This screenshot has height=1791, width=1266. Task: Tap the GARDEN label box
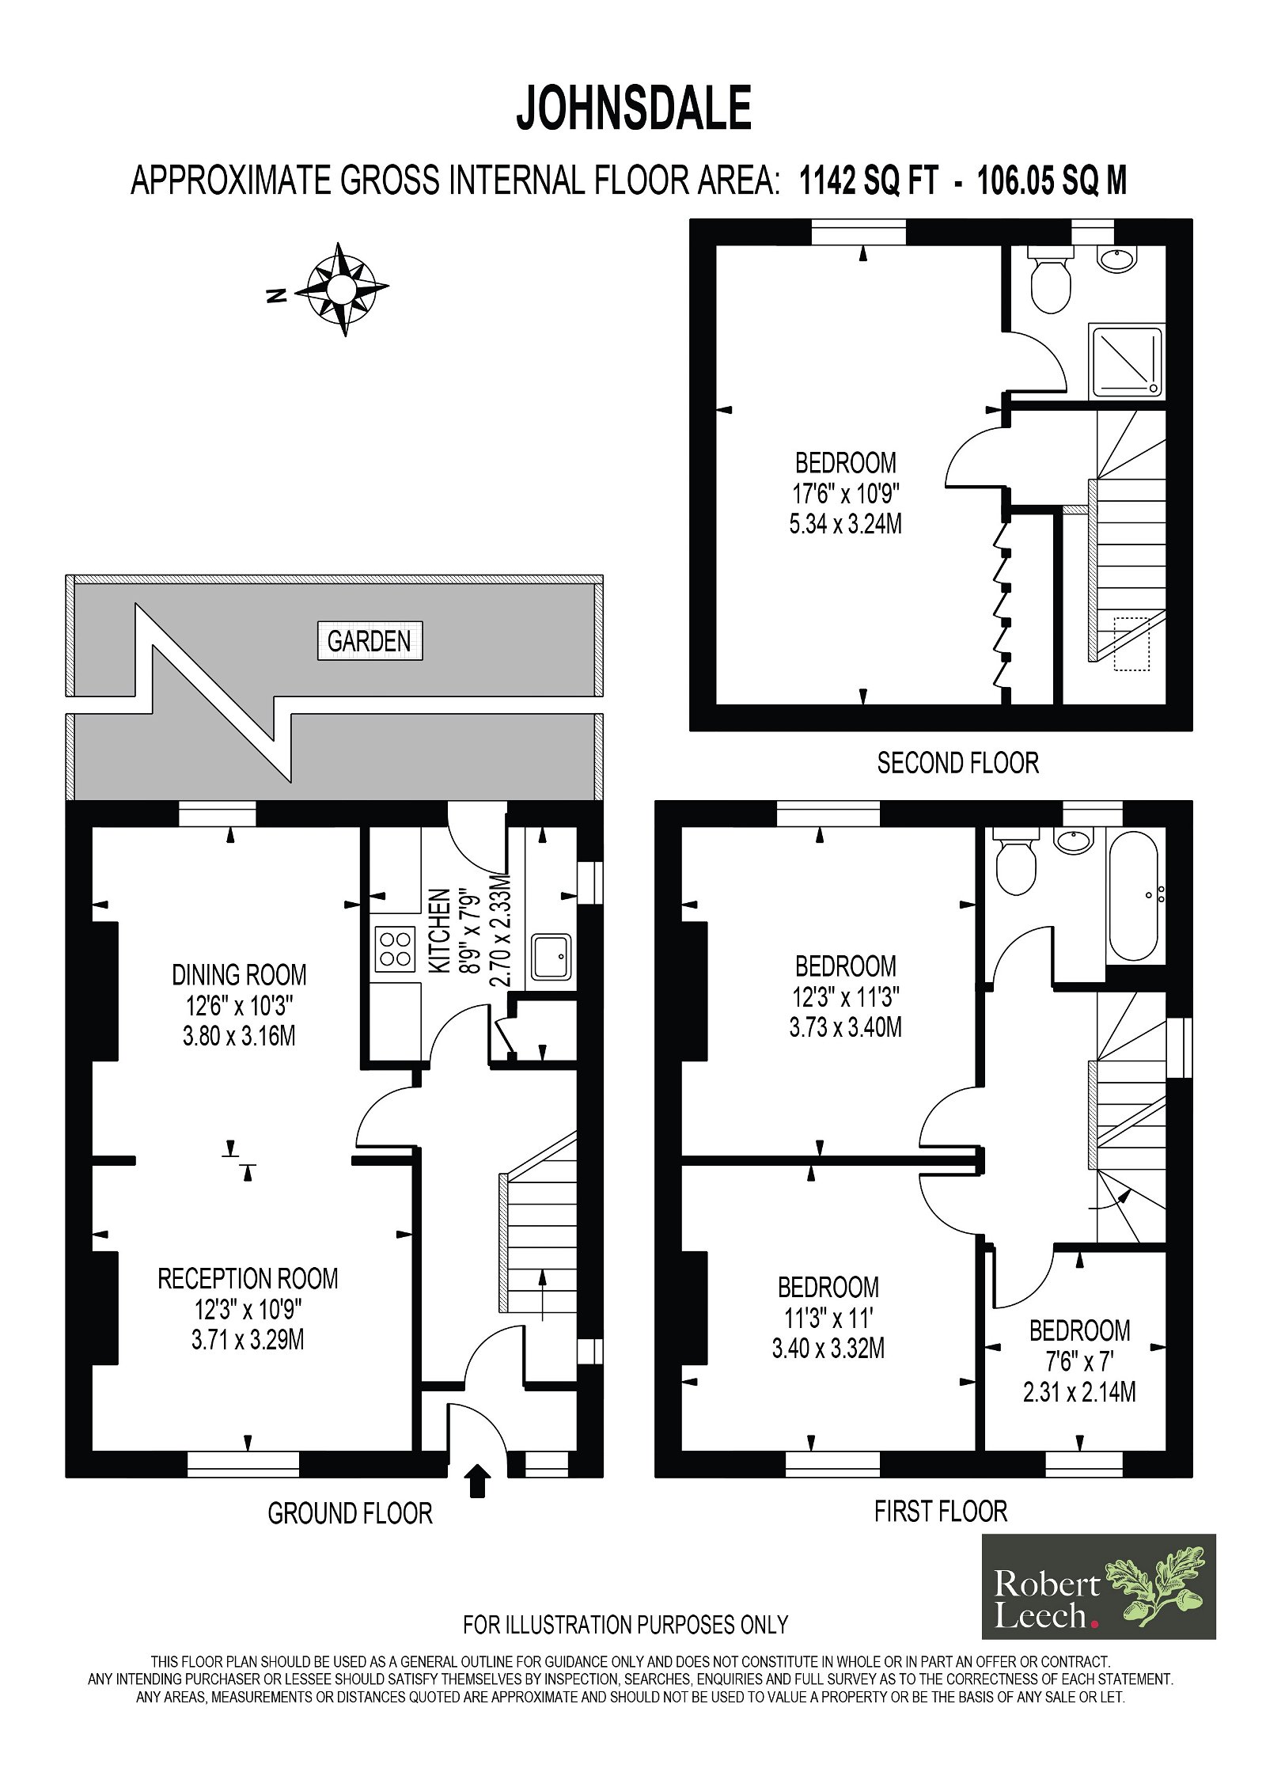click(370, 640)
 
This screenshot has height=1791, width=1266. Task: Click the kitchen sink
click(551, 957)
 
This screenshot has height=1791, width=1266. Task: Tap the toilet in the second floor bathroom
click(1051, 277)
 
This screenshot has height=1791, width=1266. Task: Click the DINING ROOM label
click(239, 975)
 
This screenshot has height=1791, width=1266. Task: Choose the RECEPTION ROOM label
click(248, 1279)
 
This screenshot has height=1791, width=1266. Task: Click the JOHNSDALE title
click(634, 108)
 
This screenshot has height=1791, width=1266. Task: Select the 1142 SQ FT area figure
click(868, 181)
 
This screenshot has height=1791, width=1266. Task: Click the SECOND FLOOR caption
click(957, 763)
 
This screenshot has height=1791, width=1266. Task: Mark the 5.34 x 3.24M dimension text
click(845, 524)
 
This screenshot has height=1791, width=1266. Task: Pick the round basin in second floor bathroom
click(1116, 257)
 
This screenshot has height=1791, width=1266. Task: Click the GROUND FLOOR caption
click(350, 1513)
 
